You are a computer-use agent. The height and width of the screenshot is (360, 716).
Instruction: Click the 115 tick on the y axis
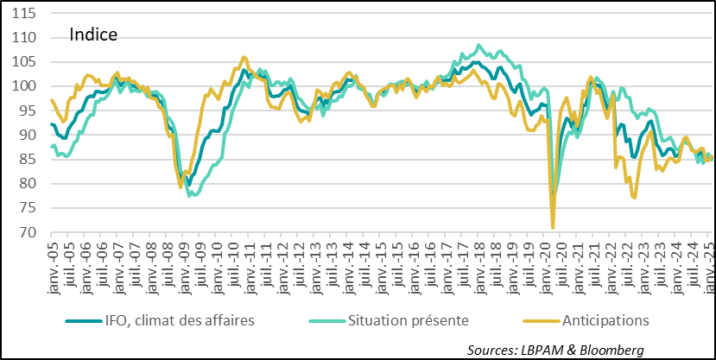(24, 14)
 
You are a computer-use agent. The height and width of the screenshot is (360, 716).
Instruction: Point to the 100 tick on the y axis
(24, 86)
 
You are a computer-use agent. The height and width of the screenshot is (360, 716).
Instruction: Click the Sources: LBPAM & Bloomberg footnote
(556, 349)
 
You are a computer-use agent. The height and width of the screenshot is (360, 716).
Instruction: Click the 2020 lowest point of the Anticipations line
(553, 228)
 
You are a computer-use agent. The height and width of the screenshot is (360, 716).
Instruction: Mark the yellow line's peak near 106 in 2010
(244, 57)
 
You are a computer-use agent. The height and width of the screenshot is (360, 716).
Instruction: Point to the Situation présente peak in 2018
(478, 45)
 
